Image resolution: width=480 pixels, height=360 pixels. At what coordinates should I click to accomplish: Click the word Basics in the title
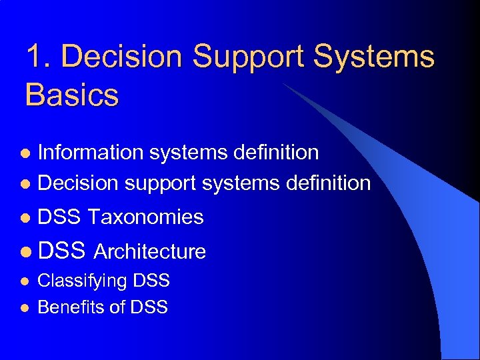click(x=72, y=94)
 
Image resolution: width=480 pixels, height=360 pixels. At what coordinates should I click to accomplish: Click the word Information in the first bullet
click(x=91, y=153)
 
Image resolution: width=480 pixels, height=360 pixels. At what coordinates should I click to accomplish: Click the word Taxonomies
click(x=145, y=217)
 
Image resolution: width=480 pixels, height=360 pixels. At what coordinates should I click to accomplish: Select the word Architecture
click(x=150, y=251)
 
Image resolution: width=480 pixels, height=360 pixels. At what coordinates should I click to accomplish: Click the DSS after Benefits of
click(x=149, y=307)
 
